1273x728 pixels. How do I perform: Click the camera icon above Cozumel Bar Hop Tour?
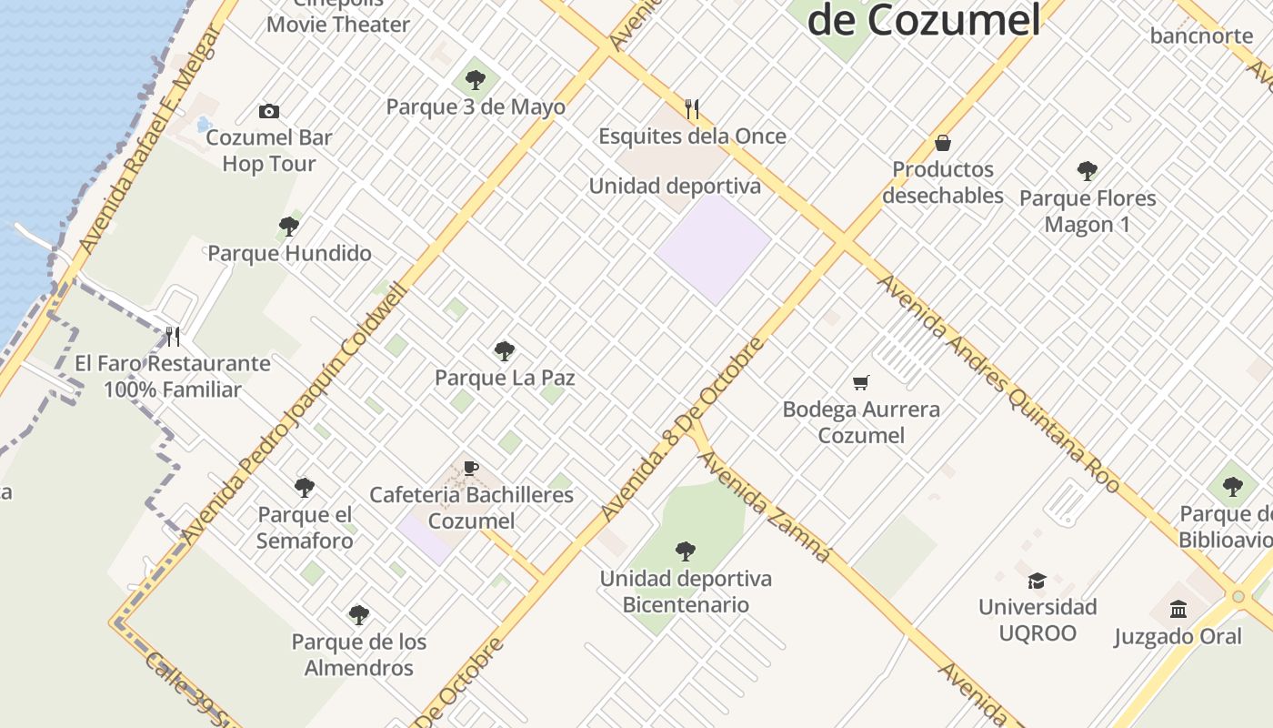(268, 111)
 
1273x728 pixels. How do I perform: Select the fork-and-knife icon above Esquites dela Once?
(692, 109)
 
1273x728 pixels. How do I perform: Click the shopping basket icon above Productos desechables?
(942, 143)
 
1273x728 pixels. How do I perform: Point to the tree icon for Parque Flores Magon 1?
(1087, 170)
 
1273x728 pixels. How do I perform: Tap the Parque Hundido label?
(289, 253)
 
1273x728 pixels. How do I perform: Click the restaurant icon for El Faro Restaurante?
(173, 337)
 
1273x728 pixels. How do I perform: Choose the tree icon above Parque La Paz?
(504, 351)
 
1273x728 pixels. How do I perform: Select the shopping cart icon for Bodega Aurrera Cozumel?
(860, 382)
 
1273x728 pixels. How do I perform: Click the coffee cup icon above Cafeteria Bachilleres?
(470, 469)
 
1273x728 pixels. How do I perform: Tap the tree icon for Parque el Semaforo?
(305, 488)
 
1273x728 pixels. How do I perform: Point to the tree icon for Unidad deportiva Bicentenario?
(686, 551)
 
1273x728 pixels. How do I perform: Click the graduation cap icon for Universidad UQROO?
(1037, 581)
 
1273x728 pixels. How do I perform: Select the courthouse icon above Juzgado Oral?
(1178, 609)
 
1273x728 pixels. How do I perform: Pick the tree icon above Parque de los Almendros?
(358, 615)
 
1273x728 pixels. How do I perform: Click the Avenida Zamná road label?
(765, 506)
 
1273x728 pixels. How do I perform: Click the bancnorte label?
(1201, 36)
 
